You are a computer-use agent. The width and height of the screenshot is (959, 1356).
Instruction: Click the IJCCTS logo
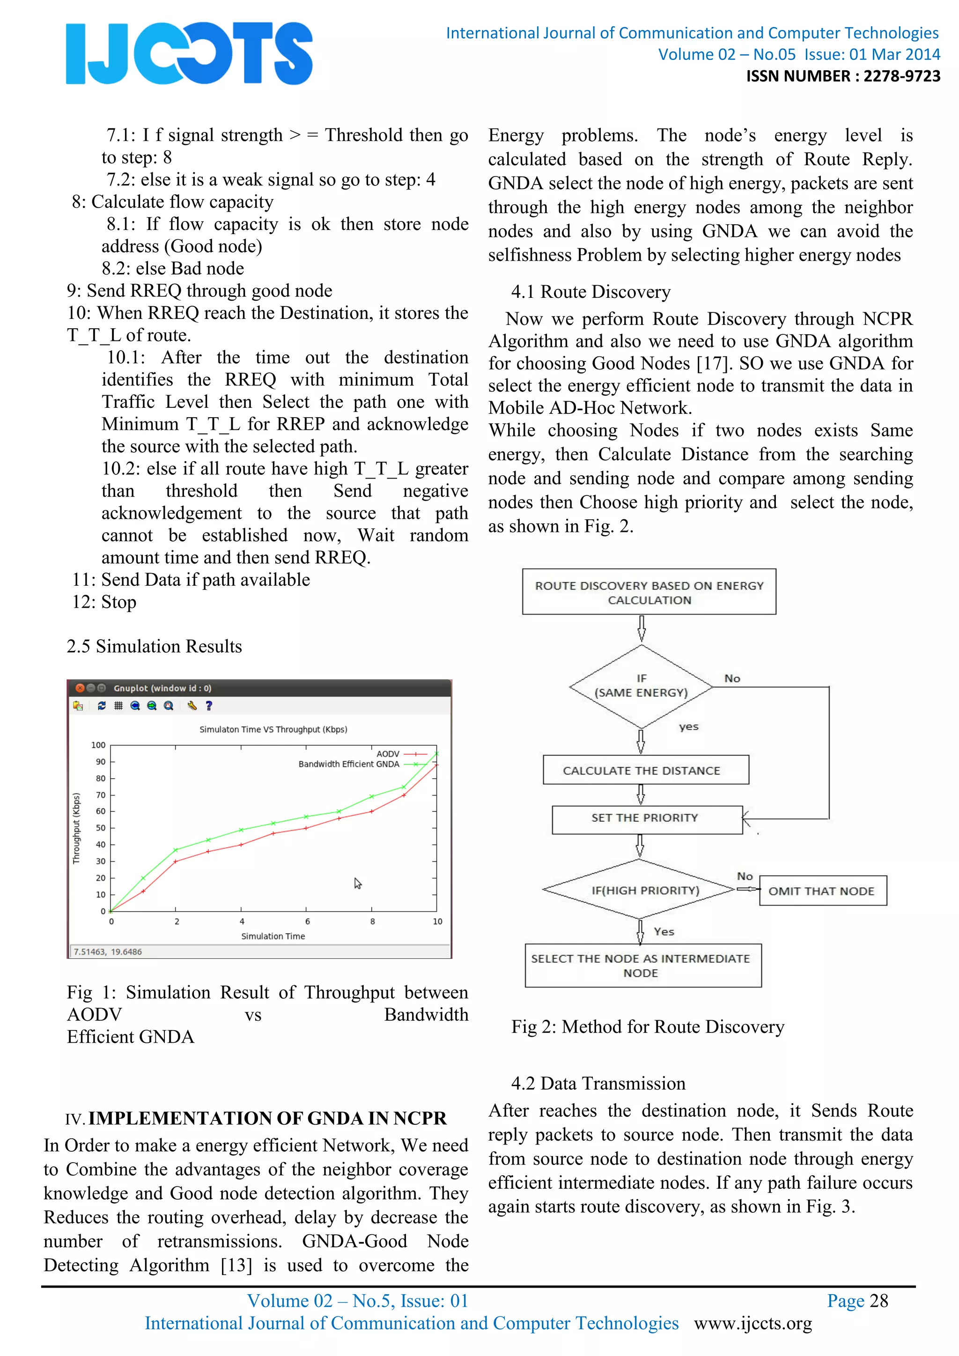tap(189, 53)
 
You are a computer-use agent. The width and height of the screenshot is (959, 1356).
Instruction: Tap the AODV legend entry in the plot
tap(388, 753)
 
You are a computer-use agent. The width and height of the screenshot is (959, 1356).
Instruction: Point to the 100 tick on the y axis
tap(98, 745)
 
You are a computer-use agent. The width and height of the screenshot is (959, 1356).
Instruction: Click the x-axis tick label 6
tap(307, 921)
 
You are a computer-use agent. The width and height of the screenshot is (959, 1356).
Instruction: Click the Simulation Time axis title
tap(273, 936)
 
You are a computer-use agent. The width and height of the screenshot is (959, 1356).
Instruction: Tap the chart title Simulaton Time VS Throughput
tap(273, 730)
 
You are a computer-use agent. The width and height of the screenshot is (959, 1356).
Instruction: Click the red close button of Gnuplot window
tap(80, 688)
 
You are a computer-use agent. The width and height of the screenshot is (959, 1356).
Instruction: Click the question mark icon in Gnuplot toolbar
tap(208, 705)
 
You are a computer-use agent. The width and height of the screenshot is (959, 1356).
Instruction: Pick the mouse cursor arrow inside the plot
tap(357, 883)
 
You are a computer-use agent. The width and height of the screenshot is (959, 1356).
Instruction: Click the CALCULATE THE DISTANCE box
tap(645, 770)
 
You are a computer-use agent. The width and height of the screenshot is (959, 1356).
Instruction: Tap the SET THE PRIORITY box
tap(647, 818)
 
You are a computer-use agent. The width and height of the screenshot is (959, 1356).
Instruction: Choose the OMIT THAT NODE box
tap(821, 891)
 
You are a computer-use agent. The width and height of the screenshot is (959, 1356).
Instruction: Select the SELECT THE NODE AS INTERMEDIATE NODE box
tap(642, 965)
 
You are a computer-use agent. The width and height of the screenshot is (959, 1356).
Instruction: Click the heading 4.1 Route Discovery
tap(590, 292)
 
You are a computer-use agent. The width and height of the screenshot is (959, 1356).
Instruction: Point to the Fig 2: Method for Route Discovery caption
tap(647, 1027)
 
